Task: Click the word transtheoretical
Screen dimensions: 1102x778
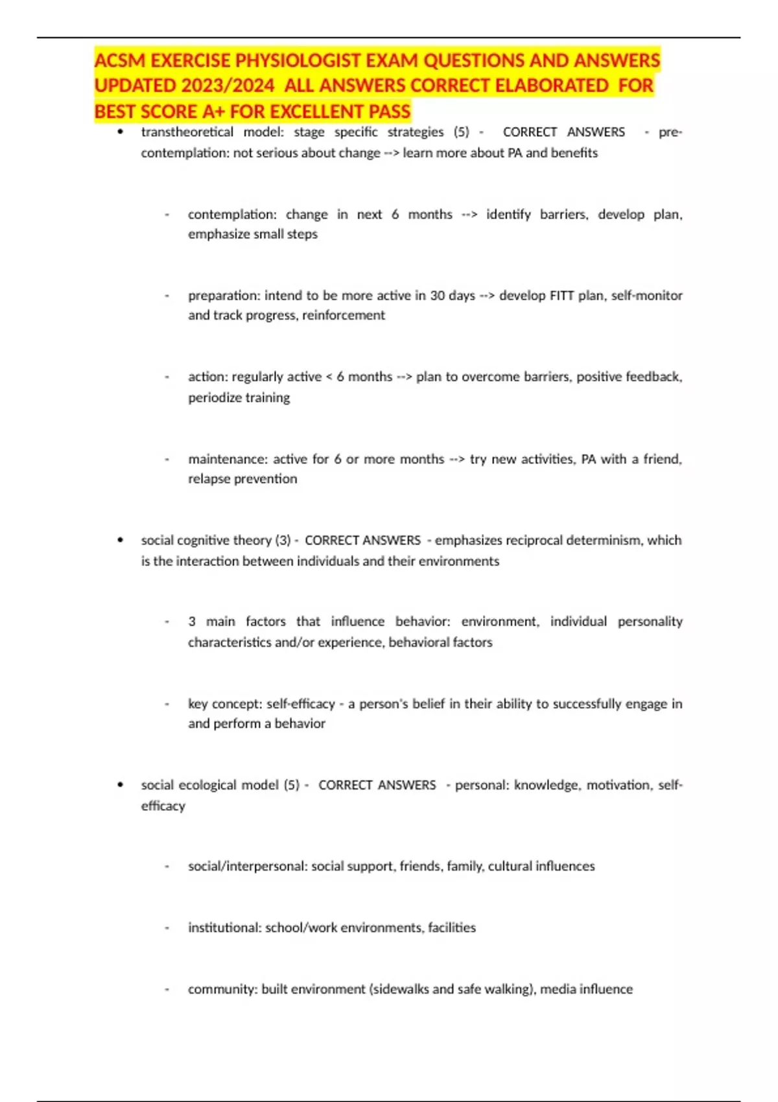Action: [x=187, y=132]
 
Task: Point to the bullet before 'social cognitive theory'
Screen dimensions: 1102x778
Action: [x=121, y=540]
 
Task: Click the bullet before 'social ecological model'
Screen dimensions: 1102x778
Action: [x=121, y=784]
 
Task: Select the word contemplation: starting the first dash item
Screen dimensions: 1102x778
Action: [x=232, y=214]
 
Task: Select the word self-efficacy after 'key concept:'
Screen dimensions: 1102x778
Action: [x=301, y=703]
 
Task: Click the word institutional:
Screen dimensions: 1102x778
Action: [x=224, y=928]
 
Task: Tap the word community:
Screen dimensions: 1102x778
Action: [x=222, y=989]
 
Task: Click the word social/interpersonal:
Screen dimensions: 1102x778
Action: [x=247, y=866]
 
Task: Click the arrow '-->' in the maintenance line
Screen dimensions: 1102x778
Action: [x=457, y=459]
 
